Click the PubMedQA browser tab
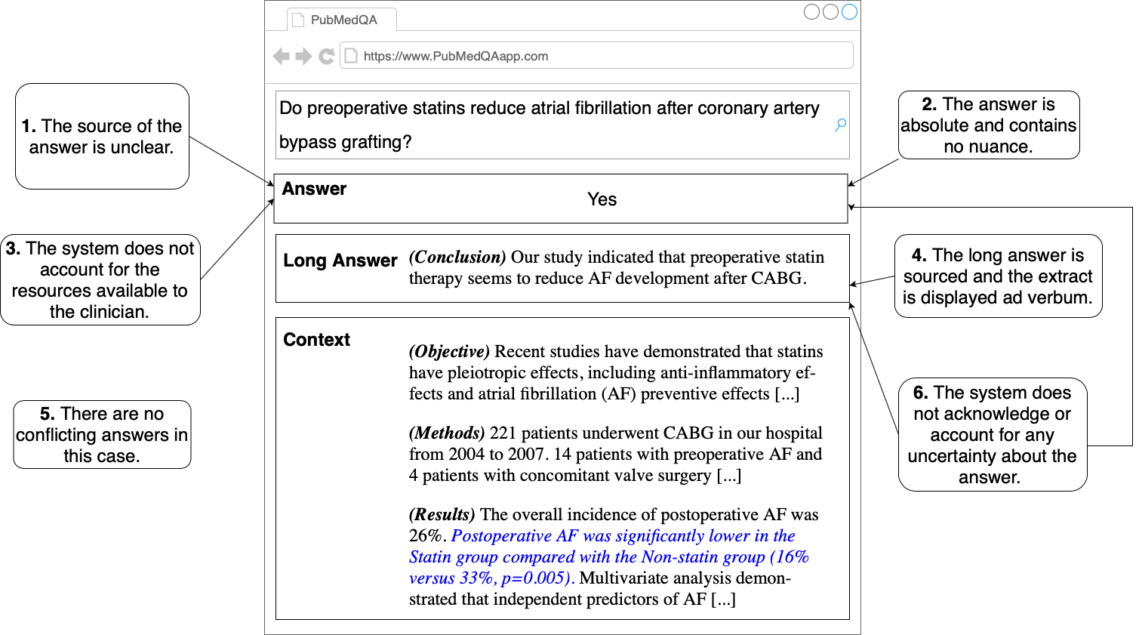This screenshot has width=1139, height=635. pyautogui.click(x=343, y=20)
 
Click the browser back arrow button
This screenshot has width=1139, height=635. pyautogui.click(x=281, y=56)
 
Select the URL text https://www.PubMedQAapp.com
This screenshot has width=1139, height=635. pyautogui.click(x=455, y=56)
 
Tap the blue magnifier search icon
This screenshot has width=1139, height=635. pyautogui.click(x=840, y=125)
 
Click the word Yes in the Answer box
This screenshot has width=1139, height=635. pyautogui.click(x=602, y=199)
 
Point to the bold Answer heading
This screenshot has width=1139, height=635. pyautogui.click(x=314, y=189)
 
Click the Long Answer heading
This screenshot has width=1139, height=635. pyautogui.click(x=340, y=260)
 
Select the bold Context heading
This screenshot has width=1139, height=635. pyautogui.click(x=316, y=340)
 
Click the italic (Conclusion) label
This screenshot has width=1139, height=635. pyautogui.click(x=457, y=257)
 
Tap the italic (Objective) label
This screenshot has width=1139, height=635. pyautogui.click(x=449, y=351)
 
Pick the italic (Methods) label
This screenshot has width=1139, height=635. pyautogui.click(x=446, y=433)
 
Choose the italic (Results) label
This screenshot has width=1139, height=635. pyautogui.click(x=442, y=514)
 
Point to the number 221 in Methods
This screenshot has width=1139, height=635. pyautogui.click(x=503, y=433)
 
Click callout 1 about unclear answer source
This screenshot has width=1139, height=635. pyautogui.click(x=102, y=136)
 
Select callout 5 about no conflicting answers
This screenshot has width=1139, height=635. pyautogui.click(x=102, y=434)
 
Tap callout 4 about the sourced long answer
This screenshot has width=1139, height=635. pyautogui.click(x=998, y=276)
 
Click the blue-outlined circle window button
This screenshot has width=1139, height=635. pyautogui.click(x=849, y=11)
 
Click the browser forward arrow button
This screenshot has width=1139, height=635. pyautogui.click(x=303, y=56)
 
